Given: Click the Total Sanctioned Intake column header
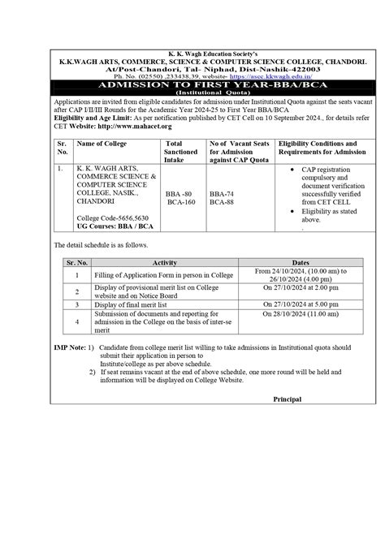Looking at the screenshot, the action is (x=180, y=151).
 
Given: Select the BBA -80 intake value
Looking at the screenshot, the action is (x=179, y=194).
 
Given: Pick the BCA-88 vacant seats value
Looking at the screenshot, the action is (x=222, y=202).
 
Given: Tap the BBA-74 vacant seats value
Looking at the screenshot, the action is (x=222, y=194).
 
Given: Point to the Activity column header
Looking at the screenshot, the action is (x=171, y=262).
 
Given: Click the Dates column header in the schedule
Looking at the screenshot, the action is (x=300, y=262).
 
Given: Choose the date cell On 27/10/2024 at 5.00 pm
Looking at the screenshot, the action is (x=300, y=304).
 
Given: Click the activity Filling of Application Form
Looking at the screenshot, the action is (x=165, y=275).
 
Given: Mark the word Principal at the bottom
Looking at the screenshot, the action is (x=288, y=399).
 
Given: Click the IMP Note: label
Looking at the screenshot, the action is (x=68, y=347).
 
